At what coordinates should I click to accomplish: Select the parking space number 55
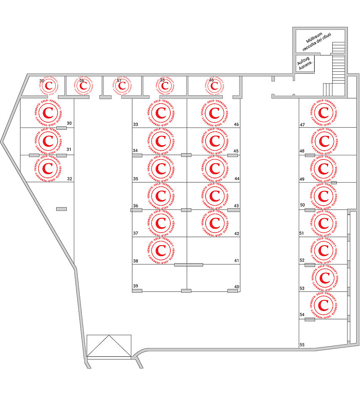pyautogui.click(x=302, y=345)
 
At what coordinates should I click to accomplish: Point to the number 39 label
pyautogui.click(x=136, y=286)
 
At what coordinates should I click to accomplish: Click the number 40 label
pyautogui.click(x=237, y=287)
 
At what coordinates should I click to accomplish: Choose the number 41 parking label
pyautogui.click(x=237, y=261)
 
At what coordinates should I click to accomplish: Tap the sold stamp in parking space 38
pyautogui.click(x=160, y=251)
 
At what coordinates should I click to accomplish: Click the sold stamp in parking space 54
pyautogui.click(x=323, y=305)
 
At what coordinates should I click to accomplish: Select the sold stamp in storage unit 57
pyautogui.click(x=122, y=86)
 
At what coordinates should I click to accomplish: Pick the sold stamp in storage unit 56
pyautogui.click(x=83, y=86)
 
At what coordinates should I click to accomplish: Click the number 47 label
pyautogui.click(x=302, y=125)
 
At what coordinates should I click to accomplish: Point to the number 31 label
pyautogui.click(x=69, y=149)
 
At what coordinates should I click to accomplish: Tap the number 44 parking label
pyautogui.click(x=237, y=179)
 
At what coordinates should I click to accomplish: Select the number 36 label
pyautogui.click(x=136, y=206)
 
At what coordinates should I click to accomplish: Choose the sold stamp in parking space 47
pyautogui.click(x=323, y=113)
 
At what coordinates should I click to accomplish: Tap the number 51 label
pyautogui.click(x=302, y=233)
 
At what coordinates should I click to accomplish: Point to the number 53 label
pyautogui.click(x=302, y=288)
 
